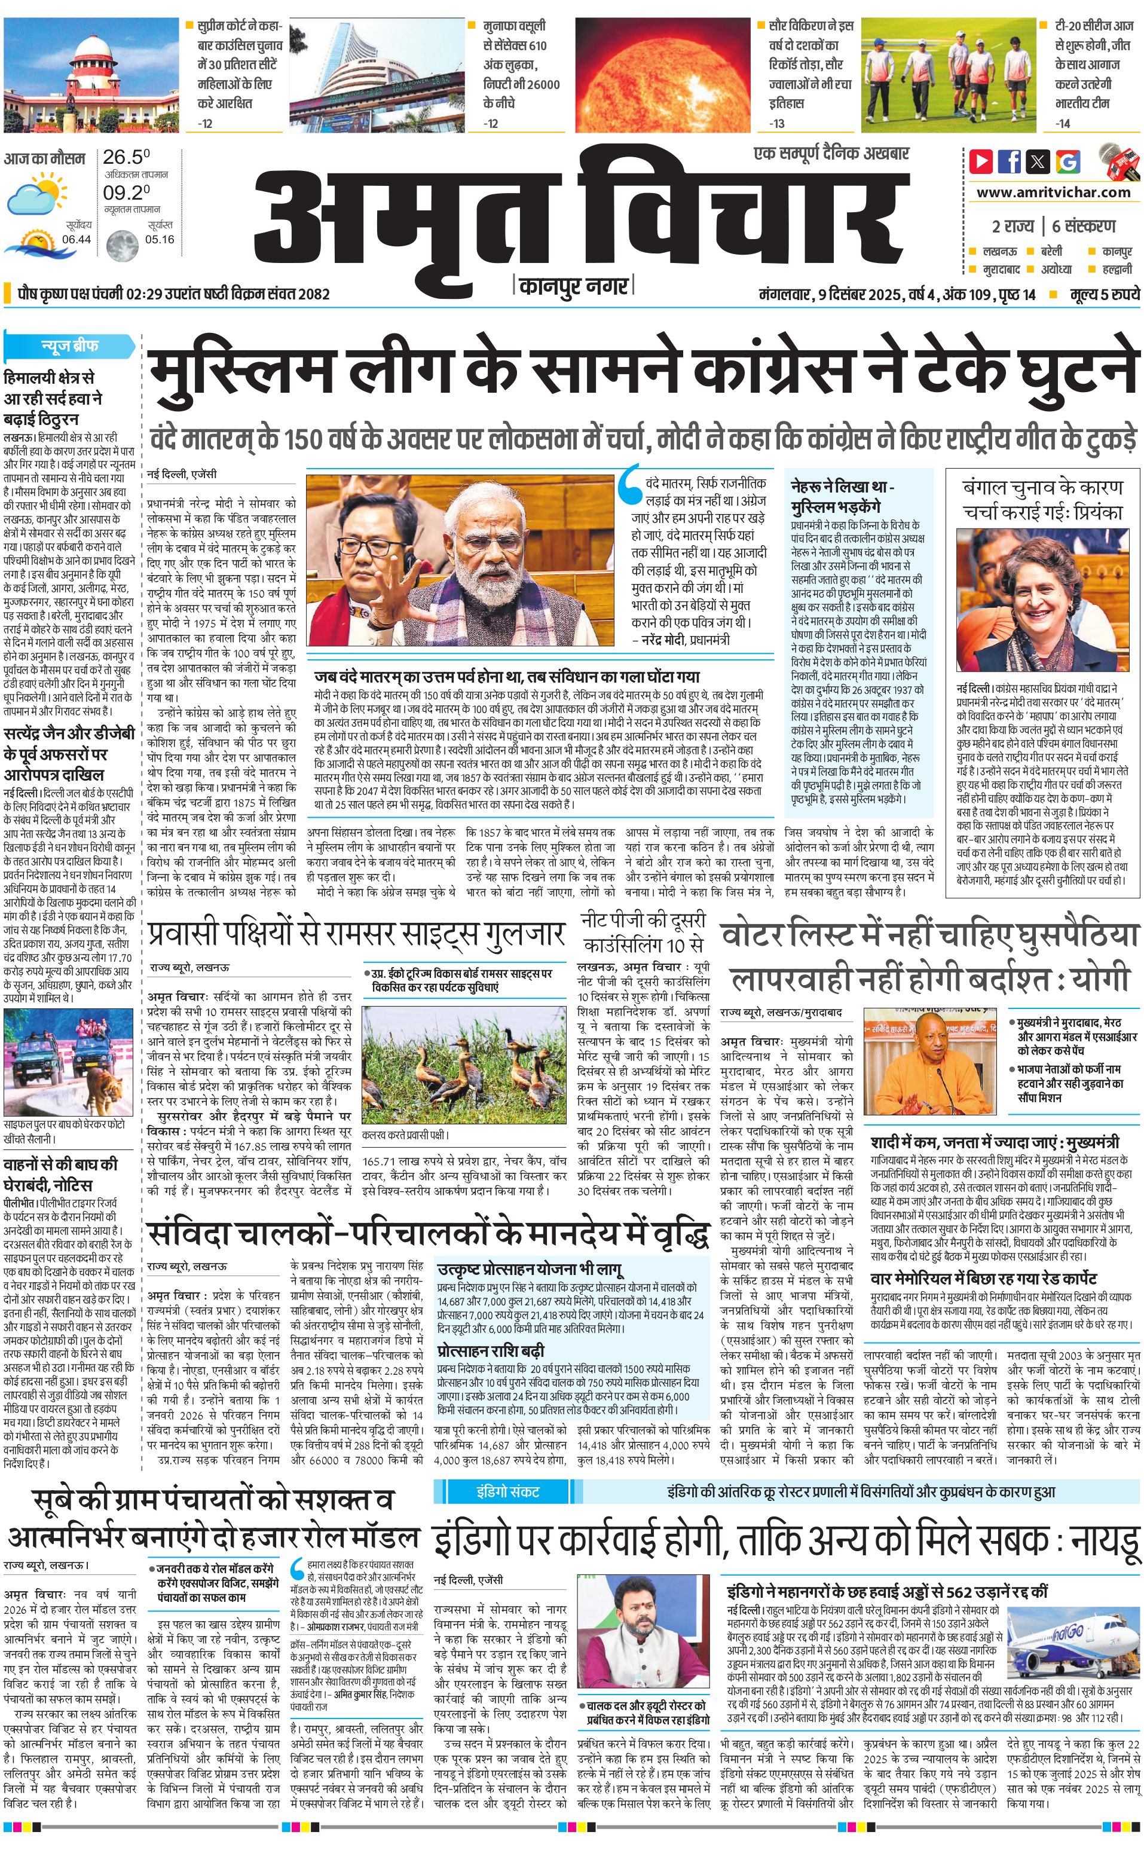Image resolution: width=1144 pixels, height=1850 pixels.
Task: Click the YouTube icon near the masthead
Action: tap(981, 161)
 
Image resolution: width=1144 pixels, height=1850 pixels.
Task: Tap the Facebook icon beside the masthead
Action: tap(1010, 161)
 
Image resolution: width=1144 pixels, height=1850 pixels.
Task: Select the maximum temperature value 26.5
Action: tap(126, 157)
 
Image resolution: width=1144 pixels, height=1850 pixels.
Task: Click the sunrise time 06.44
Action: tap(77, 240)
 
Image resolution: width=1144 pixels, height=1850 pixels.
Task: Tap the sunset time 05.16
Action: tap(160, 240)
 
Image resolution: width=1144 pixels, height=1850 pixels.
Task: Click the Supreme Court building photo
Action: tap(91, 74)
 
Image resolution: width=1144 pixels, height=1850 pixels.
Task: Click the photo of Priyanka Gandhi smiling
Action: tap(1041, 600)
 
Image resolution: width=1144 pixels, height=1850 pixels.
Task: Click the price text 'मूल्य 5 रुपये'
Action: tap(1104, 294)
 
